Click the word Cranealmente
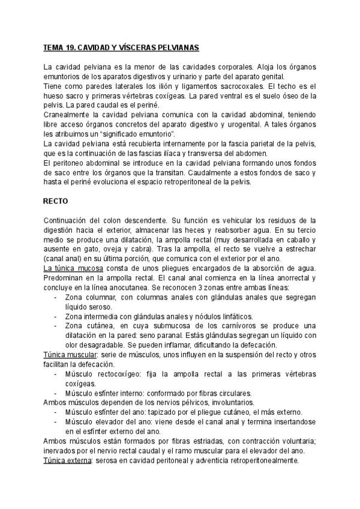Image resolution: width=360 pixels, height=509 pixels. [x=69, y=114]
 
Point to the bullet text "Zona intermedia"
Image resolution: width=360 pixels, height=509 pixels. [x=94, y=316]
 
